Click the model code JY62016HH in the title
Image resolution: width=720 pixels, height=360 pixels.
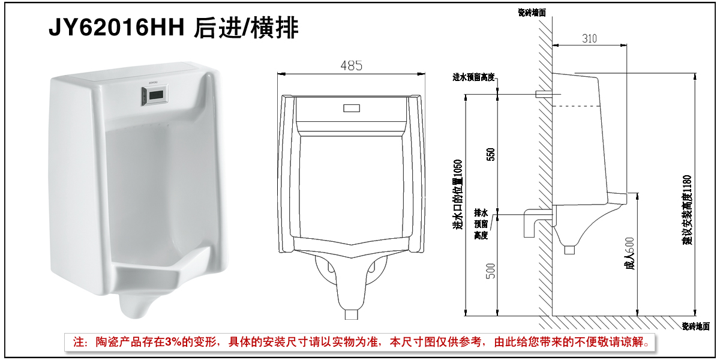[116, 28]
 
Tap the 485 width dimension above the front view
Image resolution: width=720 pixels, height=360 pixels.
[352, 66]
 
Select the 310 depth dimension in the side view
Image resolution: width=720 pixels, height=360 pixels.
[589, 38]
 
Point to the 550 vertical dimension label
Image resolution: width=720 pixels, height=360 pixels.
[491, 154]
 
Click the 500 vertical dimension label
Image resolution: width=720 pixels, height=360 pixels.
[491, 271]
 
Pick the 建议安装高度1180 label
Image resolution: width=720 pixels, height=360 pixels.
[687, 210]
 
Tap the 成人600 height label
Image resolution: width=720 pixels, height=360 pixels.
[630, 253]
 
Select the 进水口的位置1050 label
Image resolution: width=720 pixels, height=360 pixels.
[457, 195]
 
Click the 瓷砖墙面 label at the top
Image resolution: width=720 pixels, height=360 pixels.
[532, 13]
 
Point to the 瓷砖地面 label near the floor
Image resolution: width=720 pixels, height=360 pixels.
[696, 326]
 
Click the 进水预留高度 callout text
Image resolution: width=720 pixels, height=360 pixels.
[473, 77]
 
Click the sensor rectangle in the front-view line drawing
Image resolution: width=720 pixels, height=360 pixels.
[352, 108]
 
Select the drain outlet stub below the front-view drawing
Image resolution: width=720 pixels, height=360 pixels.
[352, 314]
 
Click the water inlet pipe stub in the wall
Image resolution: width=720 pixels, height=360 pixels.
[544, 94]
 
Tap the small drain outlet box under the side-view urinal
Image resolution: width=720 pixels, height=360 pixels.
[569, 250]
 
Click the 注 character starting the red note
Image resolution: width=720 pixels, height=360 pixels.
[79, 342]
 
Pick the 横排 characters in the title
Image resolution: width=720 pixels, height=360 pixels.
[275, 28]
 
